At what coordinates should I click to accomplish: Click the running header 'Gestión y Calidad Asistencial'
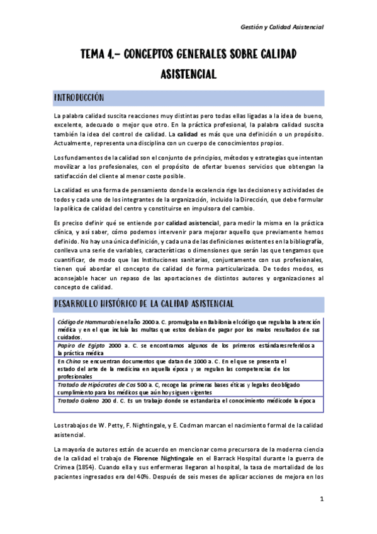pos(282,27)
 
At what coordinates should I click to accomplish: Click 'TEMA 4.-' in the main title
pos(98,55)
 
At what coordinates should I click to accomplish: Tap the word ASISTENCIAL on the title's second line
pos(188,74)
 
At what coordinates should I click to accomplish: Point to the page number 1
pos(321,499)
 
